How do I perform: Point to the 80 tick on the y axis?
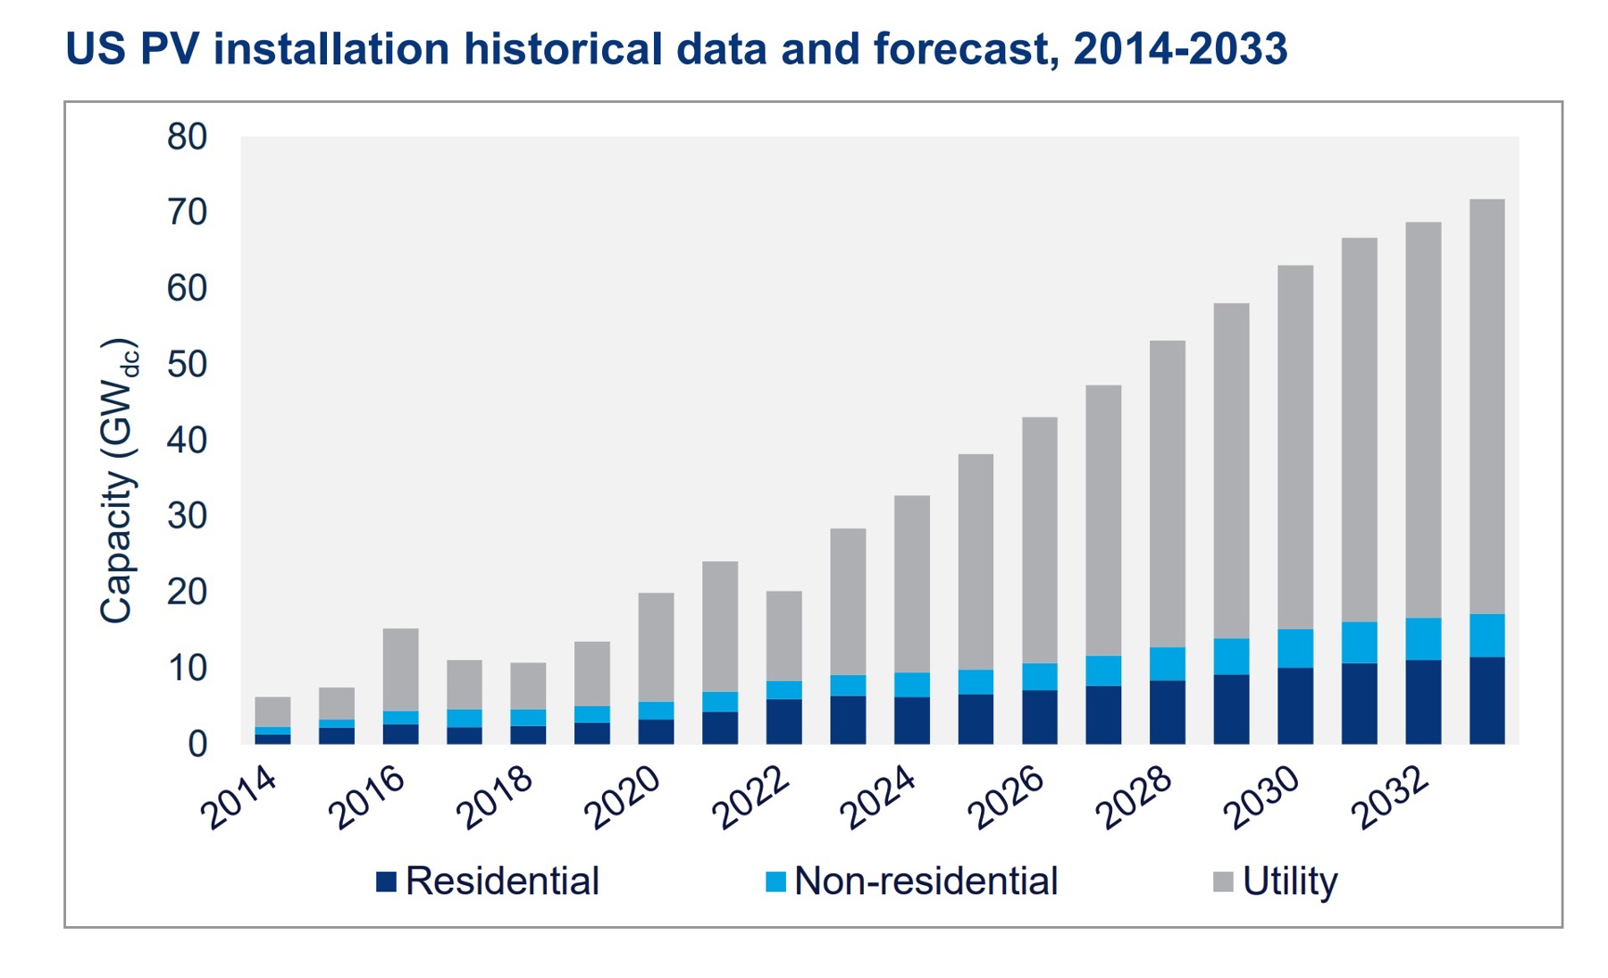point(187,137)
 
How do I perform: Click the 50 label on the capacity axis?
point(187,365)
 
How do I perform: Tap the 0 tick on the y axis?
point(197,744)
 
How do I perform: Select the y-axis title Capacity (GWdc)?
point(118,481)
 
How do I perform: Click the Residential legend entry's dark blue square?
point(386,882)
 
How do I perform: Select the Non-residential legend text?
point(925,881)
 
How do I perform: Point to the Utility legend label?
point(1289,881)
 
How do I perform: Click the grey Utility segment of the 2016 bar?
point(400,670)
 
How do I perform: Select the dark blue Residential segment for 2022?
point(783,721)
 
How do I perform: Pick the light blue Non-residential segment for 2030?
point(1295,648)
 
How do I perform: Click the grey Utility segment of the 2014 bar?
point(272,712)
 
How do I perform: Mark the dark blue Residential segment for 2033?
point(1487,701)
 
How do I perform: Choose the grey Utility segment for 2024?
point(911,584)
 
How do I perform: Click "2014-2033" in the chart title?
point(1180,48)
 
